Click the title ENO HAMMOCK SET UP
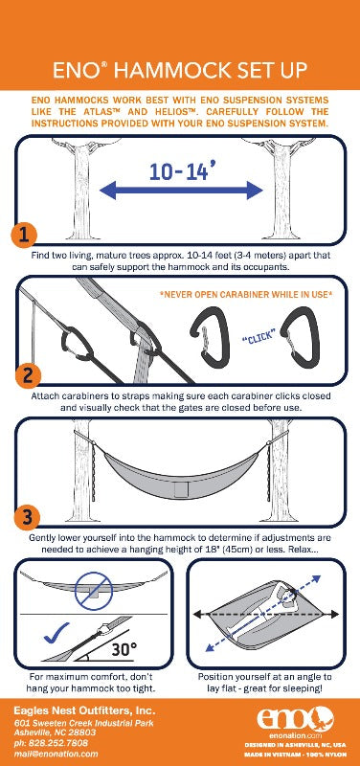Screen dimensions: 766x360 [x=179, y=69]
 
